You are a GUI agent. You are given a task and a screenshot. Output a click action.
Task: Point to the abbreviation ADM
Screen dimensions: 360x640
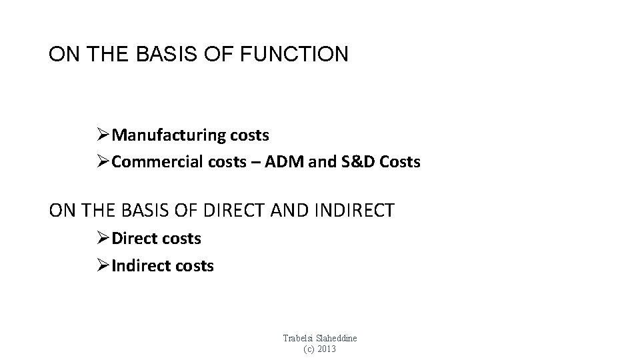tap(279, 162)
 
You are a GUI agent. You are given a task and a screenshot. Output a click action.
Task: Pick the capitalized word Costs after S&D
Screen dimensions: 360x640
tap(401, 162)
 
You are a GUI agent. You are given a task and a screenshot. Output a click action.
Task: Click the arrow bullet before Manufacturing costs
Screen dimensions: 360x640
tap(103, 135)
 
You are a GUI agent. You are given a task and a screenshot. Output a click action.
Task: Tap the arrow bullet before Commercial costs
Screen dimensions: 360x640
tap(103, 162)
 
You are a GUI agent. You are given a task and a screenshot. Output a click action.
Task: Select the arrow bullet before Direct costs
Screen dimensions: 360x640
tap(103, 237)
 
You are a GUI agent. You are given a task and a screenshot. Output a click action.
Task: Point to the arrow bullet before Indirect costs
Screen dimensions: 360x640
tap(103, 265)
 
